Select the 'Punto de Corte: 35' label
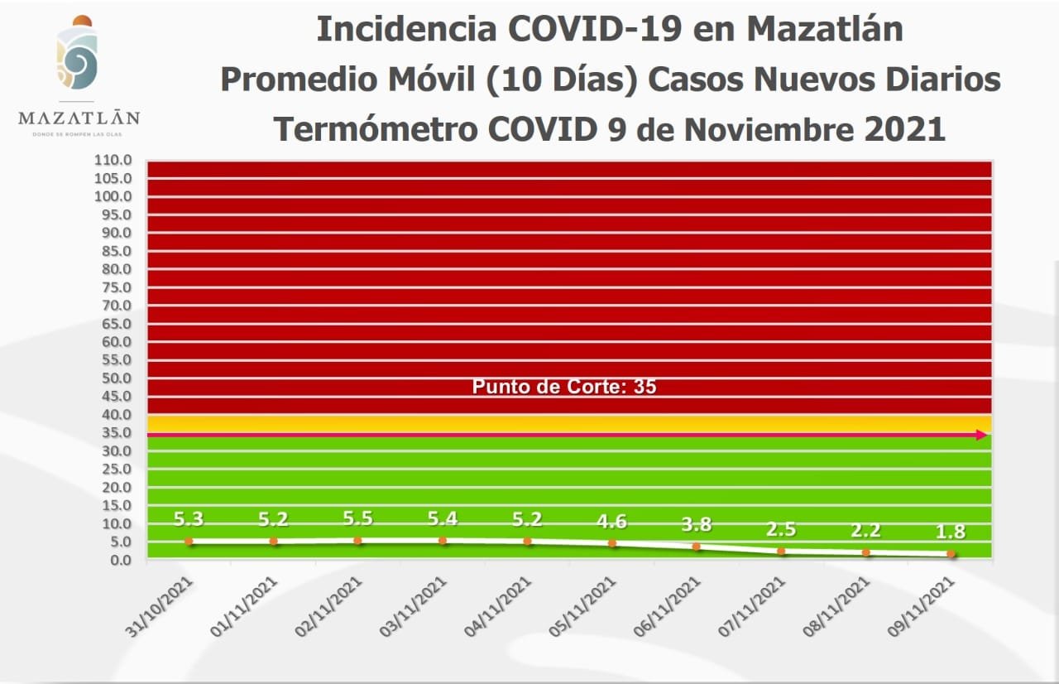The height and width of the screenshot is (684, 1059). point(564,387)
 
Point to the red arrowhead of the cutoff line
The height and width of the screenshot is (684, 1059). point(982,435)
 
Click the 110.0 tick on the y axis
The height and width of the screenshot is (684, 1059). point(114,160)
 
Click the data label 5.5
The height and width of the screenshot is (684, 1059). point(357,518)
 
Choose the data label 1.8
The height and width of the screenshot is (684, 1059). point(950,532)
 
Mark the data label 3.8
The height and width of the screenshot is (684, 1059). point(697,524)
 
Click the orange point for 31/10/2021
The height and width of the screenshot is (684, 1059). point(189,542)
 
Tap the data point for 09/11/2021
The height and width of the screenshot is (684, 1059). point(951,554)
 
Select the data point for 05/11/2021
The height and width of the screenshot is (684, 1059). point(612,544)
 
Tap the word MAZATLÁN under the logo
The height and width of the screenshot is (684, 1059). point(79,118)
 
